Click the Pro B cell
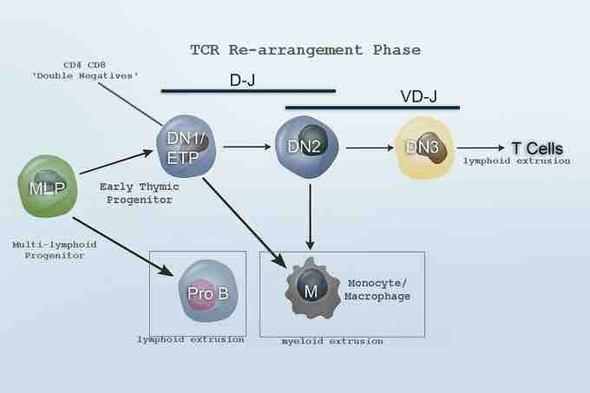[x=208, y=292]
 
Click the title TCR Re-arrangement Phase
[x=305, y=49]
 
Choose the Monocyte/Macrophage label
[x=378, y=290]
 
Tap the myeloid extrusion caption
[x=331, y=341]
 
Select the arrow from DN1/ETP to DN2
[x=246, y=148]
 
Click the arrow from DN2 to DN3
[x=369, y=148]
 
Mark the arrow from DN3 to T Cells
[x=481, y=148]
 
